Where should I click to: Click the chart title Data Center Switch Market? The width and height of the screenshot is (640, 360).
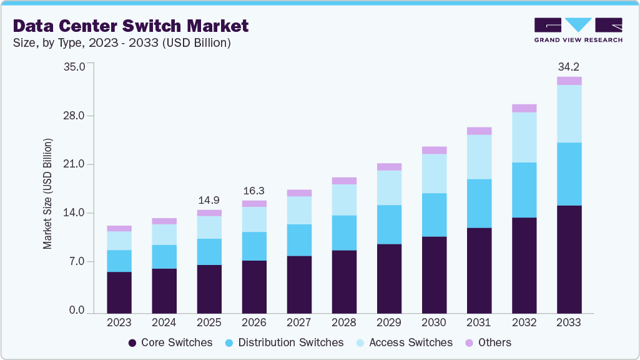pos(130,26)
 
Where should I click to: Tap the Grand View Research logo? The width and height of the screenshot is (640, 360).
pos(578,29)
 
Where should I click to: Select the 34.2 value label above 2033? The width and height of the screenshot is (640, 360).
pos(569,66)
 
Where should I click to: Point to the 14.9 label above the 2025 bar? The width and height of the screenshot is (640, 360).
pos(209,201)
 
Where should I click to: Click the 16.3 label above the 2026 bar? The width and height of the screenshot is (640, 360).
pos(254,191)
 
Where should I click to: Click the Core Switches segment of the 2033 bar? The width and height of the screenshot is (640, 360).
pos(569,259)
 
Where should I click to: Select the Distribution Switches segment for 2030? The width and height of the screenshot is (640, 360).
pos(434,214)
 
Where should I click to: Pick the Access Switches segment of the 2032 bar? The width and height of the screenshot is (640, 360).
pos(524,137)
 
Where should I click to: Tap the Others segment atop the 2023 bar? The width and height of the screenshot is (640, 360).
pos(119,229)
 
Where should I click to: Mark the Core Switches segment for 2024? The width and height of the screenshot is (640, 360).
pos(164,291)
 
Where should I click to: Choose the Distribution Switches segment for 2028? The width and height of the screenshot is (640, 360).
pos(344,232)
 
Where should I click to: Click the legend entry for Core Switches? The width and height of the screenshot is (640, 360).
pos(170,342)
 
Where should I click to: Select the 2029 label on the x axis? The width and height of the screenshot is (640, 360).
pos(389,322)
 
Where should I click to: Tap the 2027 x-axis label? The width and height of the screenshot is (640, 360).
pos(299,322)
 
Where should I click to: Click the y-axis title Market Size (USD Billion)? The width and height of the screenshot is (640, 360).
pos(48,194)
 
